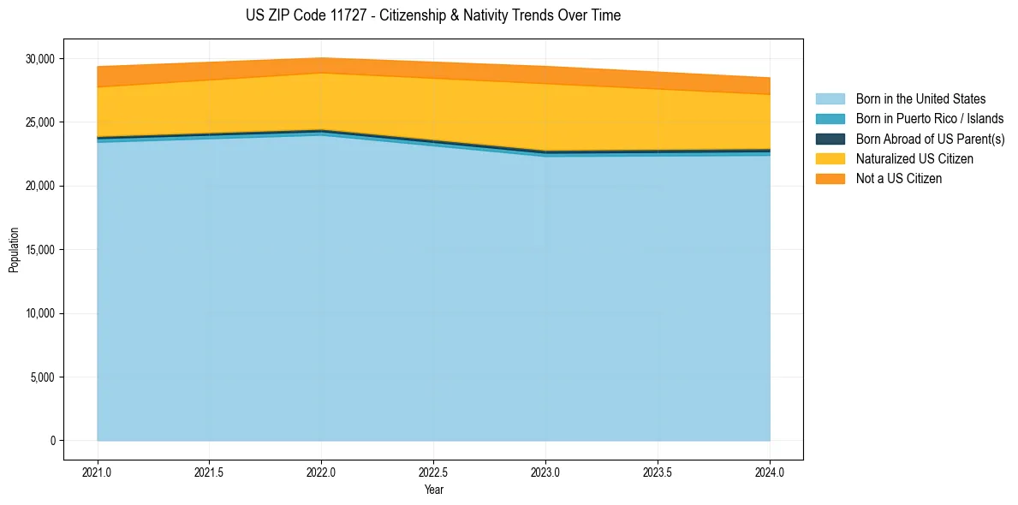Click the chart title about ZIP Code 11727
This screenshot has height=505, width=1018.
[x=432, y=15]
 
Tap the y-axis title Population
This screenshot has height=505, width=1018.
[x=14, y=250]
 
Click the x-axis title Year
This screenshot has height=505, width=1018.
[x=433, y=490]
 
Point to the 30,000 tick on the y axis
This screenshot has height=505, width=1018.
[x=40, y=59]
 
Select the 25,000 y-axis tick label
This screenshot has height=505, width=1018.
[x=40, y=122]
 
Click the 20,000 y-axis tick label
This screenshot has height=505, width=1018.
[x=40, y=186]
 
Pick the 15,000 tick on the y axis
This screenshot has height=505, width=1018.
[x=40, y=250]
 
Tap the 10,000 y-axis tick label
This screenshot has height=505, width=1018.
[x=40, y=313]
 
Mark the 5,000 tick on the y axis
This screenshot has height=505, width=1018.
[x=43, y=377]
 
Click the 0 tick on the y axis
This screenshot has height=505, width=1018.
[x=52, y=441]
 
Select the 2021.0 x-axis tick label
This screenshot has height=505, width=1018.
[x=98, y=472]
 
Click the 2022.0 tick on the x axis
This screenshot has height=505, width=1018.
[x=321, y=472]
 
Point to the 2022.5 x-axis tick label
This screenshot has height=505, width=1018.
[x=433, y=472]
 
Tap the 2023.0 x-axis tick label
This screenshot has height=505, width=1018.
[x=545, y=472]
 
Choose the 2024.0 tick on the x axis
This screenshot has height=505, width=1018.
[x=770, y=472]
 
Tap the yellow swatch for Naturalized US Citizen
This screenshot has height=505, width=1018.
[x=830, y=158]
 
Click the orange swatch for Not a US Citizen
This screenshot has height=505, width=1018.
[x=830, y=178]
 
